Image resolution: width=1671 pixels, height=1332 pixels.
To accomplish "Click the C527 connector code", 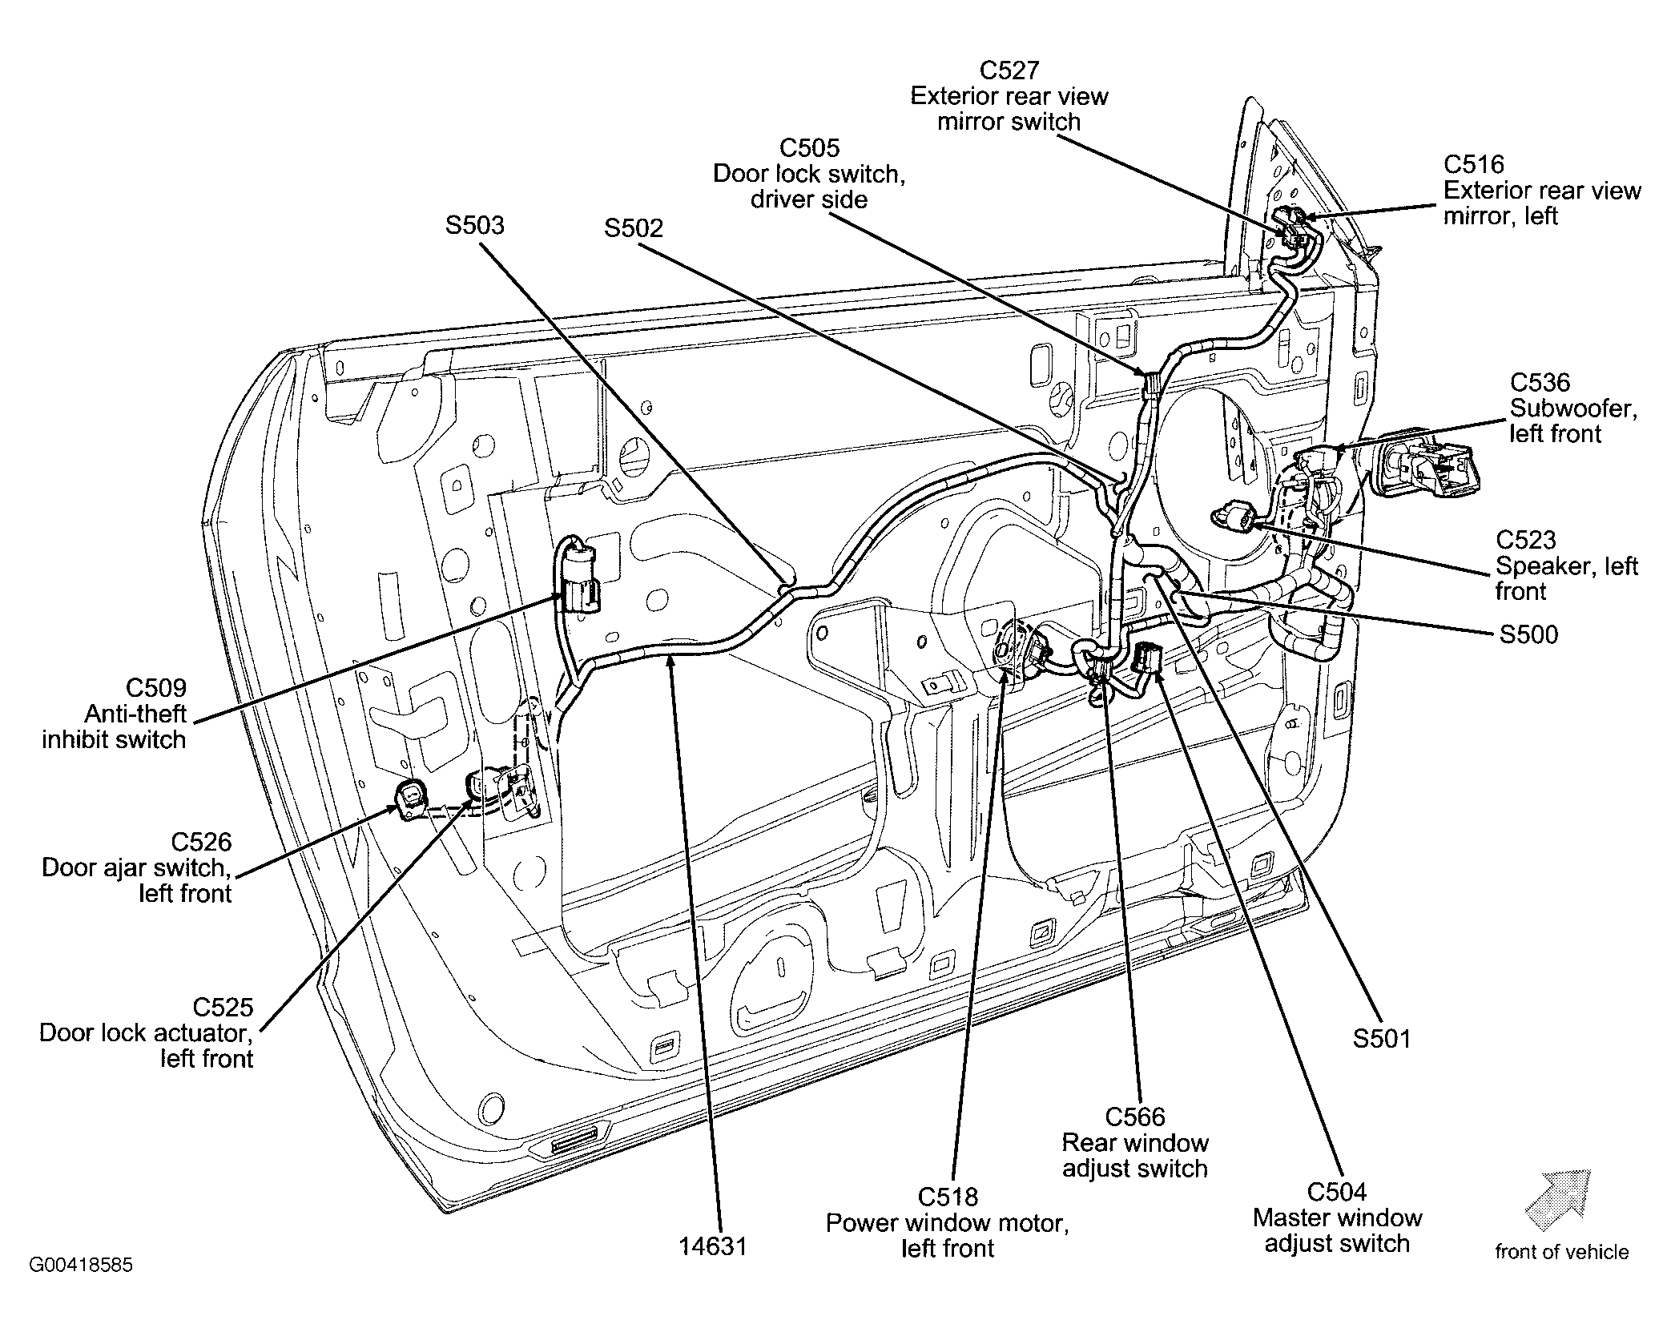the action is (1009, 70).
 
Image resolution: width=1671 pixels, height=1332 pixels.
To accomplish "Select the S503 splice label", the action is (475, 224).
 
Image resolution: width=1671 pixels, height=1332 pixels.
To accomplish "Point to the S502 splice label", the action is (634, 228).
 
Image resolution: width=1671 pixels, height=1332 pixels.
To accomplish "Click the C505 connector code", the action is (809, 147).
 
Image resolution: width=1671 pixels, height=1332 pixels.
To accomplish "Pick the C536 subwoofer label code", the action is (1540, 382).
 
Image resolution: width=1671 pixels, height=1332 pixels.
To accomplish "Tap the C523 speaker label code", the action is (1526, 540).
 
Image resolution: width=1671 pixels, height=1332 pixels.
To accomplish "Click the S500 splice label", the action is (1528, 634).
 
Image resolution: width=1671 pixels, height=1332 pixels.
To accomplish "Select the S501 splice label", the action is (1381, 1038).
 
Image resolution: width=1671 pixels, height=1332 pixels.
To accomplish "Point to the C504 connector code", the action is (1337, 1192).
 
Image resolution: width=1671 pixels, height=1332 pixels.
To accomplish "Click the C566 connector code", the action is (1135, 1117).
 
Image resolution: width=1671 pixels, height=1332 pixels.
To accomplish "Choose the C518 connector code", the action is (948, 1197).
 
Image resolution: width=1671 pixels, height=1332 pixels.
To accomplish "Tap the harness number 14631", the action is (713, 1246).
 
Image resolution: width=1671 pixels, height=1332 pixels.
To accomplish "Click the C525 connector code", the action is (223, 1007).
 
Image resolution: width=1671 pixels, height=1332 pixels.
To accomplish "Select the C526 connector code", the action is (201, 842).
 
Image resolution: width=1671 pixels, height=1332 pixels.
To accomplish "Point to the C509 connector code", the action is (156, 688).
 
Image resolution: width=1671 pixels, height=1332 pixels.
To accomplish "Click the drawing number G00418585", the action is (81, 1266).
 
